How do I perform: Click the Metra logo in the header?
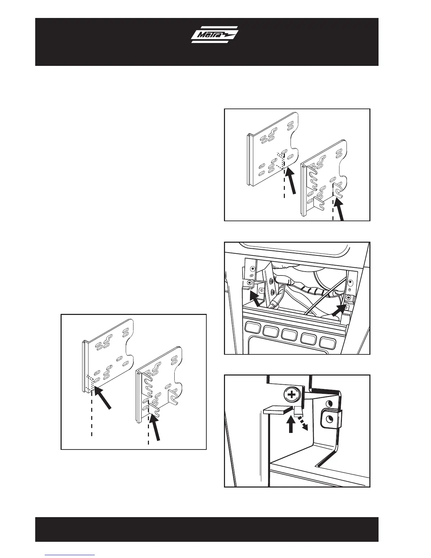[214, 36]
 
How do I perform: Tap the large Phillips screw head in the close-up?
[292, 395]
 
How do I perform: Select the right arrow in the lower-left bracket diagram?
[155, 427]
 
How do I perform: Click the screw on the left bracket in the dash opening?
[250, 283]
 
